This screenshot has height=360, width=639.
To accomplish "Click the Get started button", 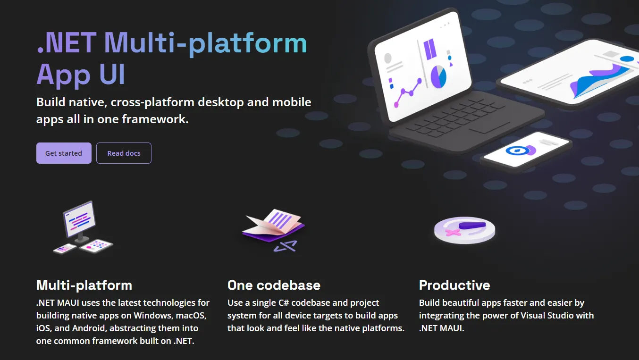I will [x=64, y=153].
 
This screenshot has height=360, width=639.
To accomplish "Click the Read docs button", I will [x=124, y=153].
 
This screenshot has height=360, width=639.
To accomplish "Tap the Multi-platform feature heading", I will [x=84, y=285].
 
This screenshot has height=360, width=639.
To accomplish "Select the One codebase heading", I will [x=274, y=285].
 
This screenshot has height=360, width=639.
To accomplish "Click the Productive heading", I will [x=454, y=285].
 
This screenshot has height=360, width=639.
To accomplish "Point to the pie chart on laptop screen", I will [x=438, y=76].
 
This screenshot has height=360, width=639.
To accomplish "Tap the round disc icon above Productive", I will [x=464, y=230].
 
